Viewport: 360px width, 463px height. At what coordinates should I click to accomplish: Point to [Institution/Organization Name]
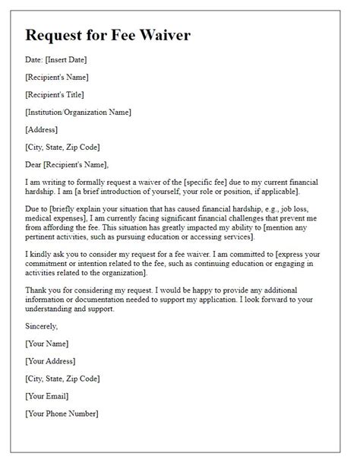[78, 112]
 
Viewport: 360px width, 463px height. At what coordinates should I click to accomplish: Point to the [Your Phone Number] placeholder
[62, 414]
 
